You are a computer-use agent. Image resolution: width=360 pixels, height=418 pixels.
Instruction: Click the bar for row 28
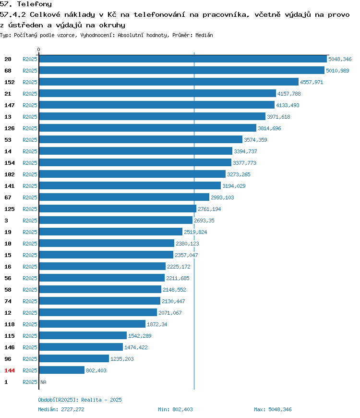[183, 59]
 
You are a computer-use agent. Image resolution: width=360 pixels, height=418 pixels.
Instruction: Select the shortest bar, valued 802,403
[62, 370]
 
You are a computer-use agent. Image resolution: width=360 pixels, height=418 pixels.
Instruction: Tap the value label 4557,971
[312, 82]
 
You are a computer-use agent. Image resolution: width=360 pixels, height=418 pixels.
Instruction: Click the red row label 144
[10, 370]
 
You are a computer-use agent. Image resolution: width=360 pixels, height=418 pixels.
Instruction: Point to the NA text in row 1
[43, 382]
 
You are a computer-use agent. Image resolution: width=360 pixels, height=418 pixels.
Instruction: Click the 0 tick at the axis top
[38, 49]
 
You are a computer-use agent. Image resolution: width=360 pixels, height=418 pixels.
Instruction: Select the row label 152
[10, 82]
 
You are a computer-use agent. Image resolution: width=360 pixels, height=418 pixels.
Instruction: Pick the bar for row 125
[118, 209]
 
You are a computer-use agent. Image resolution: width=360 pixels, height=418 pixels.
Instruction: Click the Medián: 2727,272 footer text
[61, 409]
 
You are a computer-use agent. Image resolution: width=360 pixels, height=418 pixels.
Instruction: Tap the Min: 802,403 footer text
[175, 409]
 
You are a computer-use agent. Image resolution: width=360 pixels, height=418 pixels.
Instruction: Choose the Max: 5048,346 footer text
[273, 409]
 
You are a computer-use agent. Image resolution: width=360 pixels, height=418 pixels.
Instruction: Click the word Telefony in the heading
[35, 4]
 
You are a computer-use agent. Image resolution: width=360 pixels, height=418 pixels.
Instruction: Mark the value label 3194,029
[234, 186]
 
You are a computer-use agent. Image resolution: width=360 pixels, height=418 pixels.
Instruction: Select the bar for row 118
[92, 324]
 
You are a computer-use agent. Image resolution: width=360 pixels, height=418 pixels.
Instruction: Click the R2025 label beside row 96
[30, 359]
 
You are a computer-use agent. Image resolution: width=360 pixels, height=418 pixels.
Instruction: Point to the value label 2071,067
[170, 313]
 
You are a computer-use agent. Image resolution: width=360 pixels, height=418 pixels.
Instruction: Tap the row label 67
[8, 197]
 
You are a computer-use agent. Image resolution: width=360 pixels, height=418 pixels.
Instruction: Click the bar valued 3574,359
[141, 139]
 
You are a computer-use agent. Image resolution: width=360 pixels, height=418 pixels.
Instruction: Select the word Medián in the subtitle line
[204, 35]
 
